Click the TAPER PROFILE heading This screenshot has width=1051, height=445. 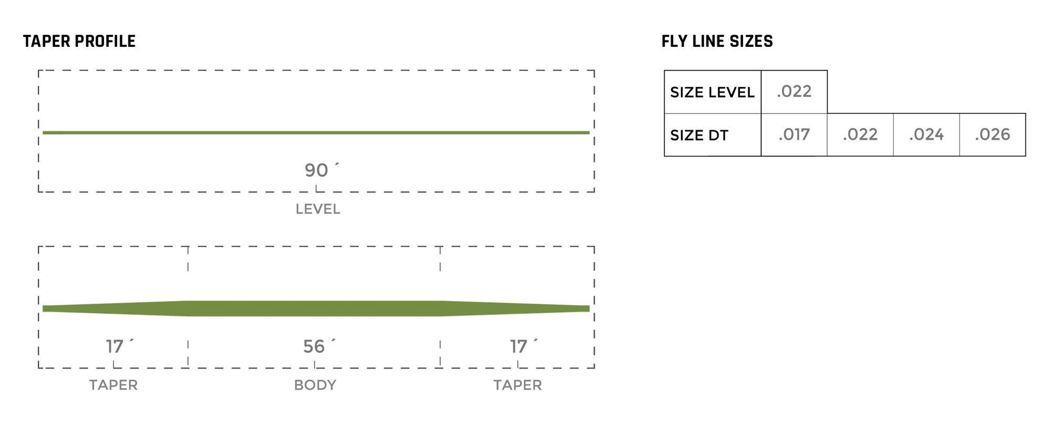(79, 42)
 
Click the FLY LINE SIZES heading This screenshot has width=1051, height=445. (717, 42)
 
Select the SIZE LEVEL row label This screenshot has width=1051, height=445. (712, 93)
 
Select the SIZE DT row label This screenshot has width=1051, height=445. (699, 136)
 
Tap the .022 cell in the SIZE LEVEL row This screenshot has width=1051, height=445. (794, 92)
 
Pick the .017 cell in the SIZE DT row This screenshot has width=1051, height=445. (794, 135)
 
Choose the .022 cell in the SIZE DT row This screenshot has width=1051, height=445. (860, 135)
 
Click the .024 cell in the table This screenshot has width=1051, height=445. (926, 135)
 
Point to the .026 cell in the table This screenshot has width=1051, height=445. (993, 135)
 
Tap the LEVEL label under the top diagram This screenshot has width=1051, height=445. (318, 209)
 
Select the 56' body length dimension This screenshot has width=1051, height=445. (316, 346)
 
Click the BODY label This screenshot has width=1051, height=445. (315, 385)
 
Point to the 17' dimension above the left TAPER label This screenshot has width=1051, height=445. (116, 346)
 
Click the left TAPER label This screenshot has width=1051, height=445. (114, 385)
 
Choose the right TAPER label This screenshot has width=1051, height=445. (518, 385)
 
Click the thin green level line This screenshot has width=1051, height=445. (315, 133)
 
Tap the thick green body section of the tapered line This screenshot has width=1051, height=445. (314, 309)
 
